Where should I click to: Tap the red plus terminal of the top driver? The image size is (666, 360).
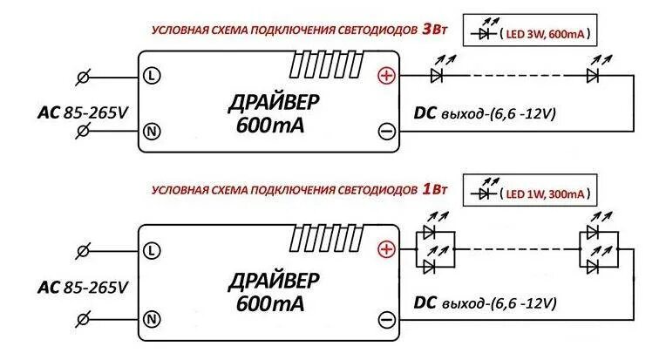(x=385, y=76)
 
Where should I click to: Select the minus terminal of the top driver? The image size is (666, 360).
(x=386, y=132)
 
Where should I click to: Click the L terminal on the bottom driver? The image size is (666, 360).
(x=152, y=251)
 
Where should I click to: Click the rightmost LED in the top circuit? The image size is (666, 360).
(x=593, y=76)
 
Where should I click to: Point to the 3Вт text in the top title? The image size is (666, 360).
(x=434, y=29)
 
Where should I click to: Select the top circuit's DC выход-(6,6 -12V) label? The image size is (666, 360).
(x=484, y=113)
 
